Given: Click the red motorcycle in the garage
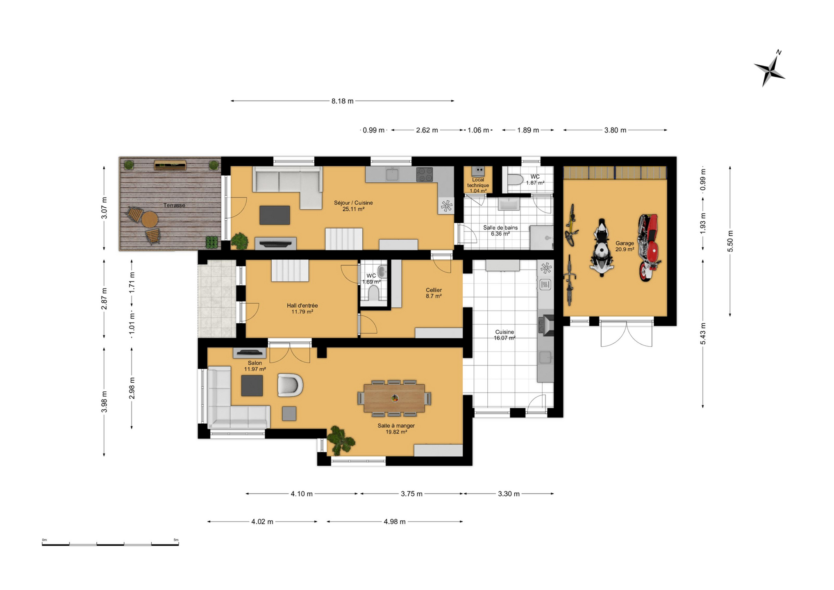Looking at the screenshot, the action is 649,247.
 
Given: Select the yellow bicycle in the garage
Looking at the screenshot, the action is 571,225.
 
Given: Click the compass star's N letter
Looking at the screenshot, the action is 779,52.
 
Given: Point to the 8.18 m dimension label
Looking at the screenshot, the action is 342,101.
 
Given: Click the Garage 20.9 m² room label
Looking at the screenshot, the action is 625,246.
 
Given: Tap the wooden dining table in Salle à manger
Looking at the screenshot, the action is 394,398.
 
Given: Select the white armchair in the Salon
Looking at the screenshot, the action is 290,385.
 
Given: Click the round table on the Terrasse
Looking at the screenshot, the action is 150,219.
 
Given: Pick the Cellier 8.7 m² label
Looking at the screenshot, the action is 434,293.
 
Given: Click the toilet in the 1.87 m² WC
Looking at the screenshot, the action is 515,179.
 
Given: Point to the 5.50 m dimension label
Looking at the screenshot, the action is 730,241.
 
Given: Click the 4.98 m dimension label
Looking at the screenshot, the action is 394,522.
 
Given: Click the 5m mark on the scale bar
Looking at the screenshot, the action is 176,540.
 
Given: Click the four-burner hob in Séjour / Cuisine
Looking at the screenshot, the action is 424,174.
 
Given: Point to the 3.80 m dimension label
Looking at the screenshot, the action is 615,130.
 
